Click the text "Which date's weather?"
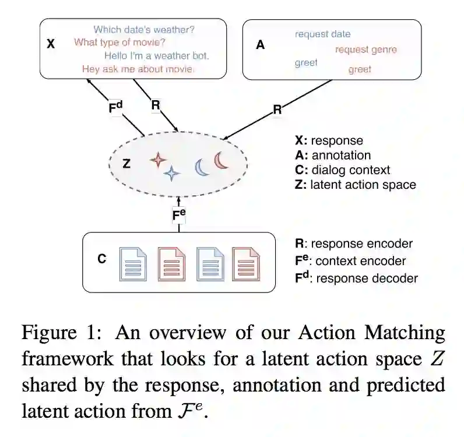point(144,30)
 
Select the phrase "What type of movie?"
point(119,43)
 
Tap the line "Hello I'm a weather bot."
point(157,55)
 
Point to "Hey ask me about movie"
point(138,69)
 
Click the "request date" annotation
point(322,34)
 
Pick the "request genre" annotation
point(366,50)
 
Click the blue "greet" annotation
point(306,63)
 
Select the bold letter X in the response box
point(51,44)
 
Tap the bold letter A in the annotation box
point(260,45)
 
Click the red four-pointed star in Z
point(158,160)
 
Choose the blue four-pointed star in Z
point(171,174)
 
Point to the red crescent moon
point(220,160)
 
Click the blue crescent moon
point(201,167)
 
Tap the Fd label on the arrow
point(115,107)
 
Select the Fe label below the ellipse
point(179,215)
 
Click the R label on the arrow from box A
point(277,110)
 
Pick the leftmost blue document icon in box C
point(133,264)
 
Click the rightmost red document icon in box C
point(246,264)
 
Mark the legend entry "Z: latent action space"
point(356,185)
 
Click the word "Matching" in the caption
point(405,333)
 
